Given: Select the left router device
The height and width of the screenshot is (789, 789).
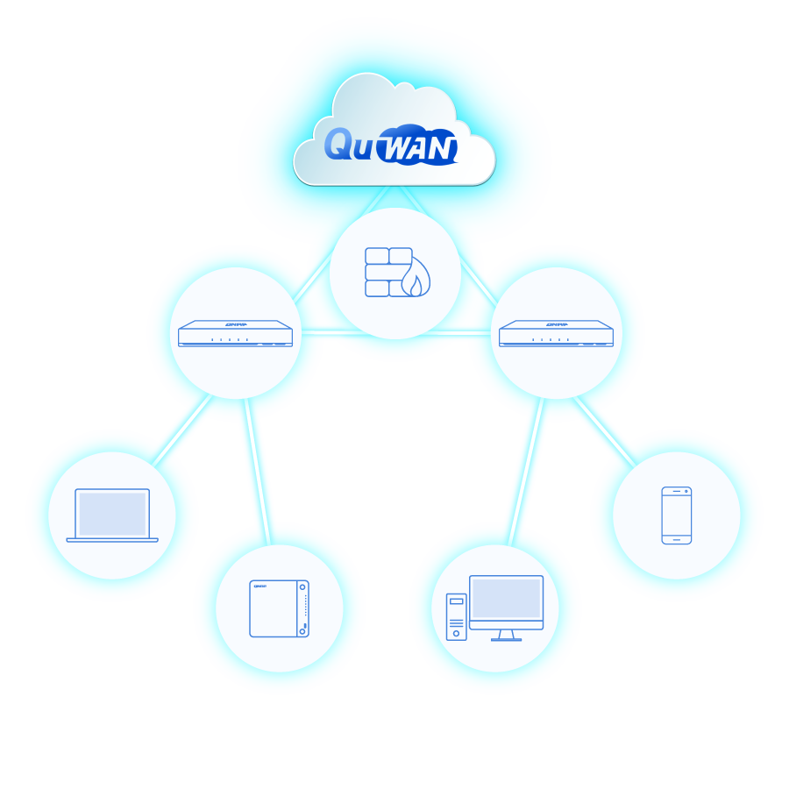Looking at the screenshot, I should (235, 333).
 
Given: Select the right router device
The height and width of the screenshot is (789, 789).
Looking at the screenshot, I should (556, 333).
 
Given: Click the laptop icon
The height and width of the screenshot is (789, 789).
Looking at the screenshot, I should (112, 515).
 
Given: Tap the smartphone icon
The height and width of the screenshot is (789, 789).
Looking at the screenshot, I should (676, 515).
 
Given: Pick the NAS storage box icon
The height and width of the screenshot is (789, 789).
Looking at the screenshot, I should (279, 608).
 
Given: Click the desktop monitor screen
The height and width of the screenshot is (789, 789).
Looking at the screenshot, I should (506, 598).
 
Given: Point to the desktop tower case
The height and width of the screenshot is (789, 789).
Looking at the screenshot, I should (456, 616).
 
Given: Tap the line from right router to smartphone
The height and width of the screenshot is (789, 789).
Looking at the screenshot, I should (606, 430).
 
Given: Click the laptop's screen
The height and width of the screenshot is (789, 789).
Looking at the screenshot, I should (112, 513).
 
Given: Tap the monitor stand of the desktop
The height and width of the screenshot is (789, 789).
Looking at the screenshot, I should (506, 635).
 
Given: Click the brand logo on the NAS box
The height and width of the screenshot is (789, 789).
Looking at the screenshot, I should (259, 586).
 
